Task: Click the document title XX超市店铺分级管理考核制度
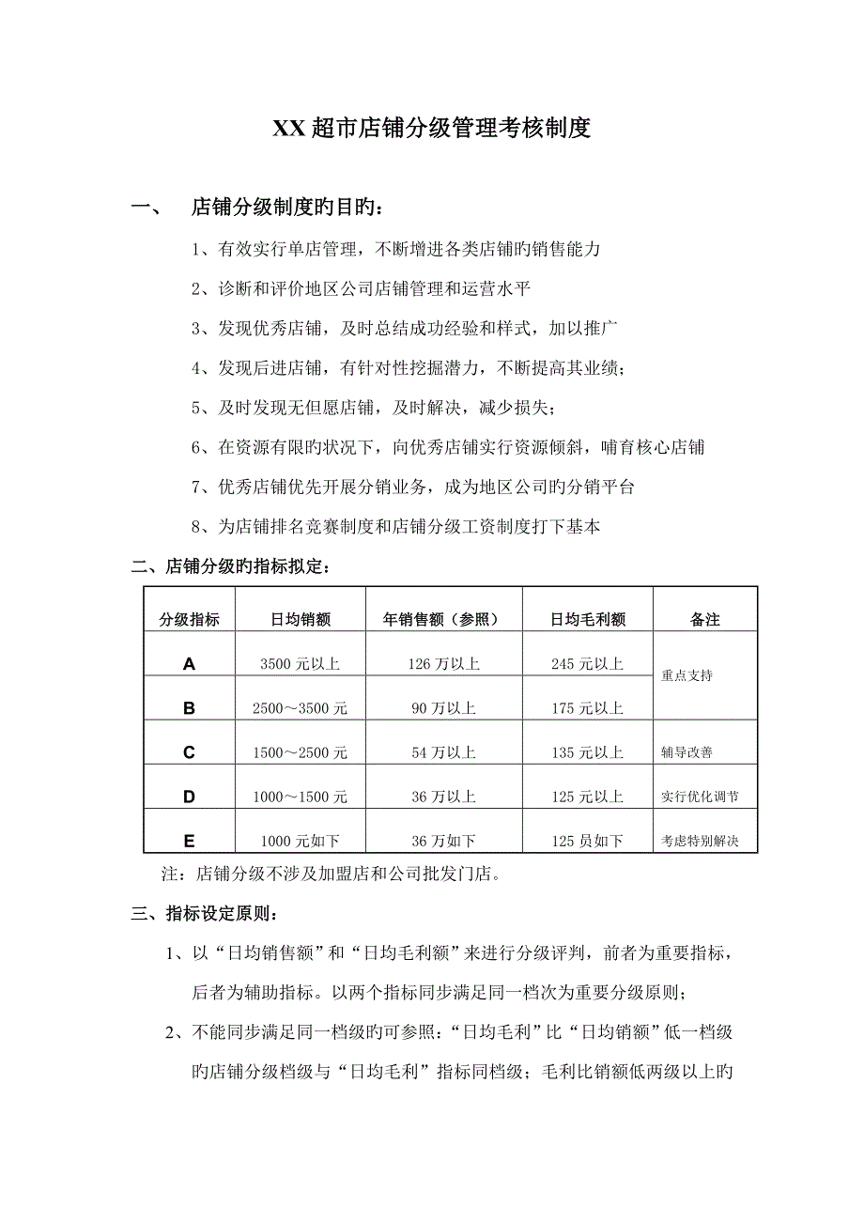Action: pyautogui.click(x=431, y=129)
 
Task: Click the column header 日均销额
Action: pyautogui.click(x=300, y=619)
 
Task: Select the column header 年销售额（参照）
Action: pyautogui.click(x=443, y=619)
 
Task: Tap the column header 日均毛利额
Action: pyautogui.click(x=588, y=619)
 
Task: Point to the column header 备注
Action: pyautogui.click(x=704, y=619)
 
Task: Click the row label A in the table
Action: pyautogui.click(x=189, y=664)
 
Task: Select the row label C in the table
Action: pyautogui.click(x=189, y=752)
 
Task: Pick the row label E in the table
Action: pyautogui.click(x=189, y=841)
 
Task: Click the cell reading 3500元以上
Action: pyautogui.click(x=300, y=664)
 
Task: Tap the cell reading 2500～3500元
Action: pyautogui.click(x=300, y=708)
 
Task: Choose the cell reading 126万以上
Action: pyautogui.click(x=443, y=664)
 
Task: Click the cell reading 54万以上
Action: pyautogui.click(x=443, y=752)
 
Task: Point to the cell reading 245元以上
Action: pyautogui.click(x=588, y=664)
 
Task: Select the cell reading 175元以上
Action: pyautogui.click(x=588, y=708)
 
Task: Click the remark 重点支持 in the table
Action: pyautogui.click(x=687, y=675)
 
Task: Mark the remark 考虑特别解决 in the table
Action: pyautogui.click(x=700, y=842)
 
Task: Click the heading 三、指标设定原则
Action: pyautogui.click(x=204, y=913)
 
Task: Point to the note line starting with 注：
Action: pyautogui.click(x=332, y=875)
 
